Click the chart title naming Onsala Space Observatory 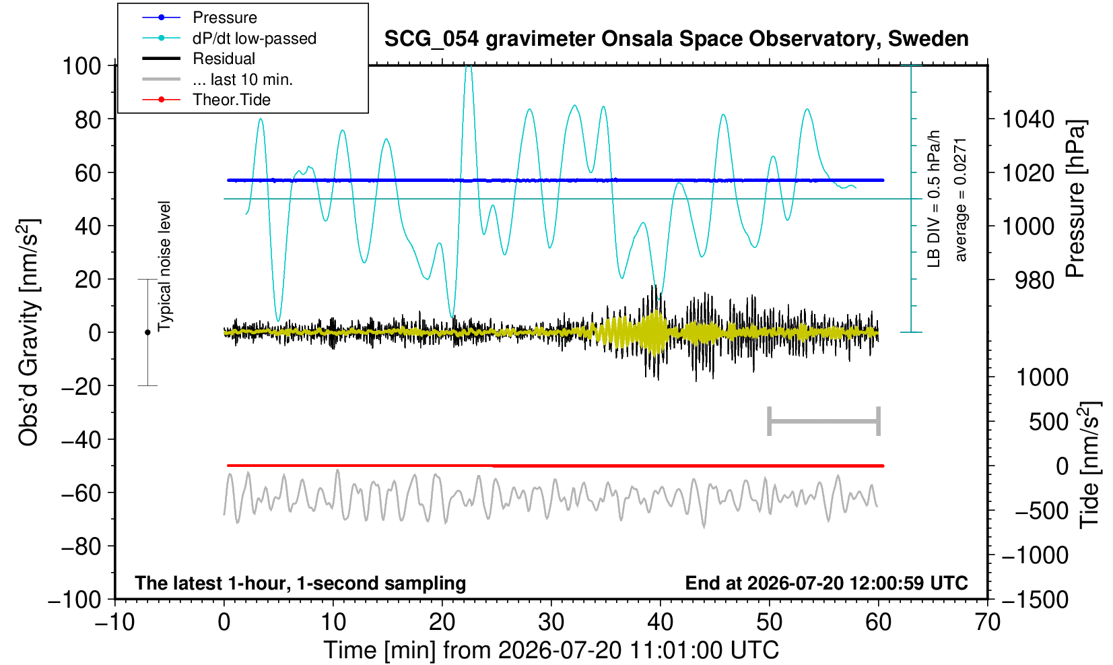pos(676,39)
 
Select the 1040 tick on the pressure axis pos(1028,119)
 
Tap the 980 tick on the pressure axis pos(1034,280)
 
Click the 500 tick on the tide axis pos(1048,422)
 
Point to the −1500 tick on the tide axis pos(1034,600)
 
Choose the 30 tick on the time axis pos(551,622)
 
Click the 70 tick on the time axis pos(987,622)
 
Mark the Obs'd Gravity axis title pos(28,332)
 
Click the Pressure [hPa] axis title pos(1076,199)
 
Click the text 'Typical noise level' pos(164,266)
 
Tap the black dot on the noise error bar pos(147,332)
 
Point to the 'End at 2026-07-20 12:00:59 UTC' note pos(826,583)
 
